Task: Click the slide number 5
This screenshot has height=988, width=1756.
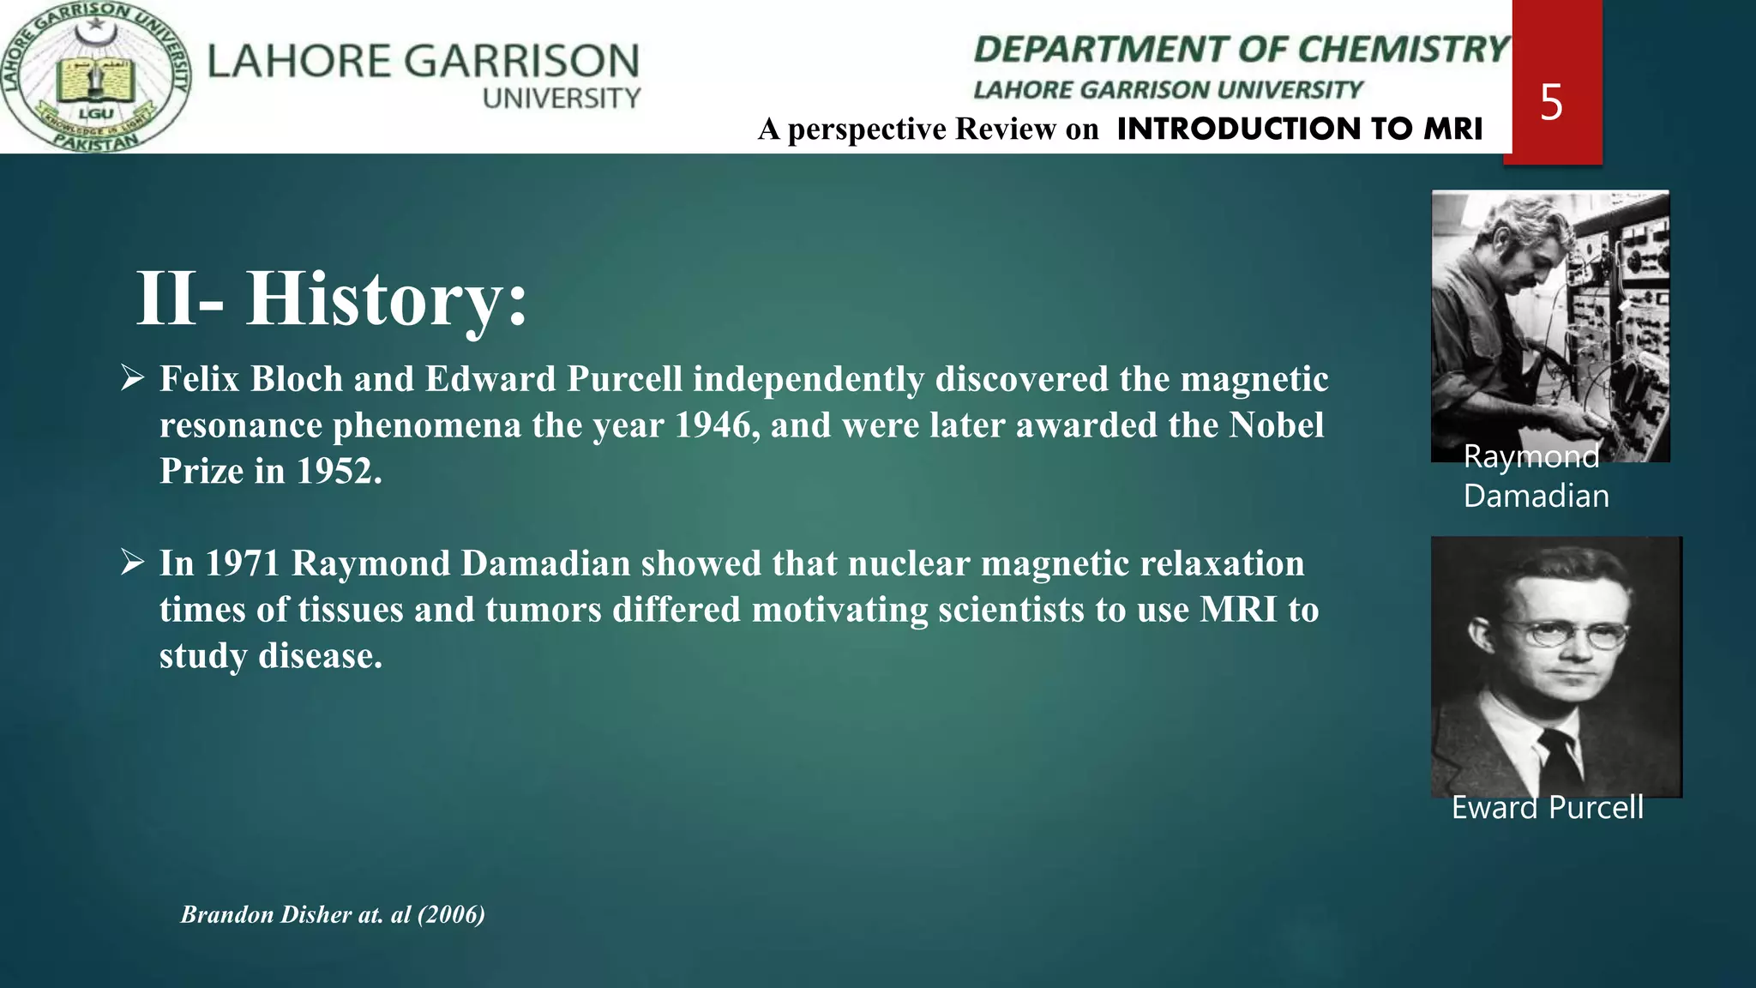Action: (1551, 103)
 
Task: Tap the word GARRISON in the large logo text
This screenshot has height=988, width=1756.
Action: (521, 62)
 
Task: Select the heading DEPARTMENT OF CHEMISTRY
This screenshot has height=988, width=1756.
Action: (1241, 50)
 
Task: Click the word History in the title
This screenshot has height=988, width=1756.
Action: (386, 298)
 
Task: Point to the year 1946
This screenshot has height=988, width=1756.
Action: (713, 425)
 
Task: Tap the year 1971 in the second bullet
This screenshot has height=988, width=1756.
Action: (243, 563)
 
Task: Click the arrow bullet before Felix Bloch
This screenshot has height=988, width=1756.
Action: (133, 377)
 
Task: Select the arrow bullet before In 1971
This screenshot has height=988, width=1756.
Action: (133, 563)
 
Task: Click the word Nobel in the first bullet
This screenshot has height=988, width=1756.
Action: (1277, 425)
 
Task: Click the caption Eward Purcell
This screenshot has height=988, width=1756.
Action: (1547, 808)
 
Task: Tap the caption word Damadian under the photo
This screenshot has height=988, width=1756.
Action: (1536, 497)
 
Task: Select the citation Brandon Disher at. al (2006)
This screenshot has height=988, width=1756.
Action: (333, 914)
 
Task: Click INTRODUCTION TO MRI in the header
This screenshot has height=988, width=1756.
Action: (1299, 129)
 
